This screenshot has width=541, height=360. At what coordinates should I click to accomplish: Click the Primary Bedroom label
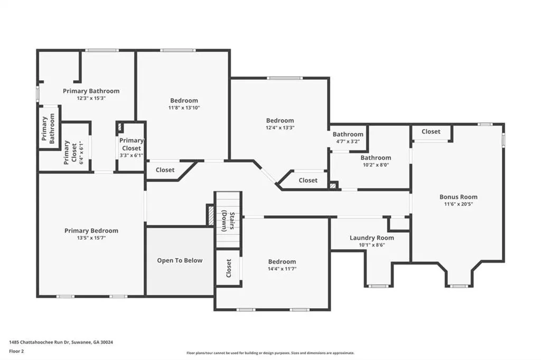[x=91, y=231]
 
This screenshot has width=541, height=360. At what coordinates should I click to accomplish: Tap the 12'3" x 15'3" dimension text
[x=91, y=98]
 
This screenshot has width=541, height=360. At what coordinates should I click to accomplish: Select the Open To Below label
[x=180, y=261]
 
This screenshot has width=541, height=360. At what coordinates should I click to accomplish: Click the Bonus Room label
[x=459, y=197]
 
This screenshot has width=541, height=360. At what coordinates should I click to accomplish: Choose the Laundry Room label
[x=371, y=238]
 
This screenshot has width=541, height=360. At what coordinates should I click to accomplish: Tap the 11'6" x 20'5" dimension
[x=459, y=204]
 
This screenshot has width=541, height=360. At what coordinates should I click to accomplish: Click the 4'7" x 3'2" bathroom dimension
[x=348, y=141]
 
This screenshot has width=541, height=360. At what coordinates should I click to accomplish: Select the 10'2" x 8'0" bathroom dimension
[x=376, y=165]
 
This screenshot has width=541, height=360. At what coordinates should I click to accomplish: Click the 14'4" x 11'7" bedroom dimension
[x=282, y=269]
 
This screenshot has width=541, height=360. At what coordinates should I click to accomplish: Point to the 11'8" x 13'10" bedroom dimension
[x=184, y=108]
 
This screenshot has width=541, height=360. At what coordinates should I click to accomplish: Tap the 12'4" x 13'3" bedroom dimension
[x=280, y=128]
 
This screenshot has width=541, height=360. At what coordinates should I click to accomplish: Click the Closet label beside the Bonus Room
[x=431, y=131]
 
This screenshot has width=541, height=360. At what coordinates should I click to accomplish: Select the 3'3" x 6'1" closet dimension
[x=132, y=156]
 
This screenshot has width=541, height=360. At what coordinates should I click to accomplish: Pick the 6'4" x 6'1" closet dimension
[x=81, y=153]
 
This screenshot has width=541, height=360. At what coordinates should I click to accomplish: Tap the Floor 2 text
[x=16, y=352]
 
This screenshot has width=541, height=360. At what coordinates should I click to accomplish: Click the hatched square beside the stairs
[x=210, y=215]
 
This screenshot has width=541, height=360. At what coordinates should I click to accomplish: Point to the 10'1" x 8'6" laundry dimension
[x=371, y=245]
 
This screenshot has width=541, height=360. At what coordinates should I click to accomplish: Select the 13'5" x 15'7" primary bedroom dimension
[x=91, y=238]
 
